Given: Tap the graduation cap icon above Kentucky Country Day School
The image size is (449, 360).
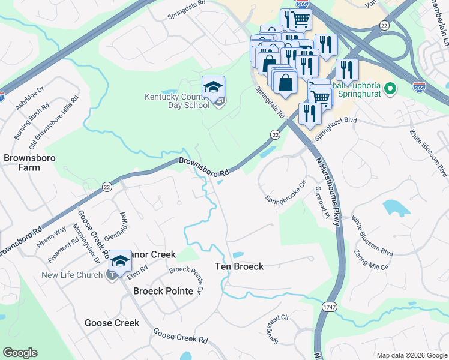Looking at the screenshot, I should (213, 88).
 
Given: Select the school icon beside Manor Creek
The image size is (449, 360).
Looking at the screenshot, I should (120, 261).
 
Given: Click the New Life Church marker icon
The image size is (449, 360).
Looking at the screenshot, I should (111, 275).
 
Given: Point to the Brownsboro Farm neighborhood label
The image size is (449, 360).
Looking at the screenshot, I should (22, 163).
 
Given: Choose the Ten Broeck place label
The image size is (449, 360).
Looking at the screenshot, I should (240, 266).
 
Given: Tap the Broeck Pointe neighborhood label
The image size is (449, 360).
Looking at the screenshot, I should (163, 291).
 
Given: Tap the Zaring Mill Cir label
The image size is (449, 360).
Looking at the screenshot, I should (371, 259).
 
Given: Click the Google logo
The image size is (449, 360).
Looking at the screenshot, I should (20, 353).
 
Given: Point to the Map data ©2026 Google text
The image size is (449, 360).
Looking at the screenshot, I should (411, 355).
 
